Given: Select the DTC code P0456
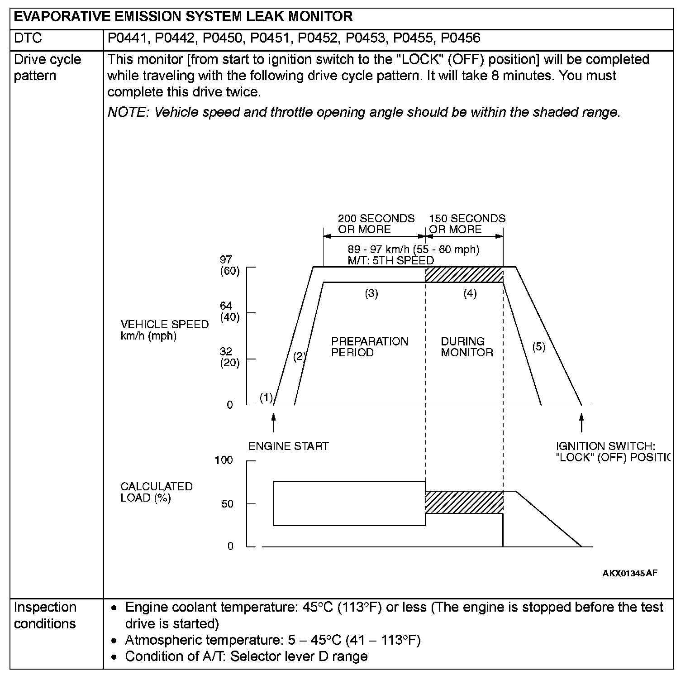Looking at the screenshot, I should pos(460,38).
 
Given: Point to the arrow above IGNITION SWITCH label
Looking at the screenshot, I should pos(581,422).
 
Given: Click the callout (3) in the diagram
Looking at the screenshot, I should pos(371,293).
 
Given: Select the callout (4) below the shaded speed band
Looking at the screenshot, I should pos(470,293).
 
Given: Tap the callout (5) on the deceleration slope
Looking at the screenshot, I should pos(538,347).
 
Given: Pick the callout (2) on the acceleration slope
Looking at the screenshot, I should pos(299,356).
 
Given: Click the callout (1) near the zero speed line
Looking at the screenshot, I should pos(267,397).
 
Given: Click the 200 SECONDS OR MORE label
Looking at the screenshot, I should pos(376,224).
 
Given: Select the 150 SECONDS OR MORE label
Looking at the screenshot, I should pos(467,224).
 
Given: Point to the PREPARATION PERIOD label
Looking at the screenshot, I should pos(370,347).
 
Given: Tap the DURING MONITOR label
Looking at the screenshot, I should pos(467,347).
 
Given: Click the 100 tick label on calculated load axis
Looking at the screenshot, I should pos(224,460).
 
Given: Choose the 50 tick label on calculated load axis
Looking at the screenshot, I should pos(227,504).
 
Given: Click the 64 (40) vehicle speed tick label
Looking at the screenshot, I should pos(229,311).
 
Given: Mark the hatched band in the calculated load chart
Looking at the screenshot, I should pos(464,502).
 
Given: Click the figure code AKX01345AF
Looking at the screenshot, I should pos(629,573).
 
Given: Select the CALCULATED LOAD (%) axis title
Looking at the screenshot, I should pos(157,492).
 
